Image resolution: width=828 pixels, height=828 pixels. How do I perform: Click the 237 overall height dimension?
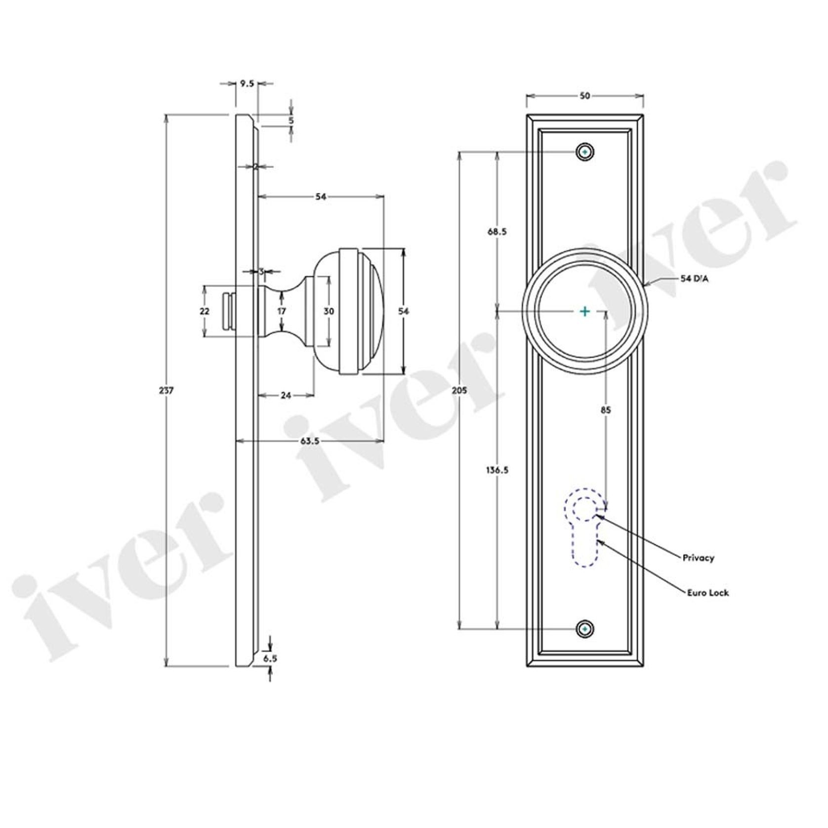point(166,391)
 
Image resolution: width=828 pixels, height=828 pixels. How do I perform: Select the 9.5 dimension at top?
point(247,83)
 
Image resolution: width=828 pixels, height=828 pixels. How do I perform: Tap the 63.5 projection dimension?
point(309,441)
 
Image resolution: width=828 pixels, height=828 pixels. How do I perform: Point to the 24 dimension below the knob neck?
point(286,395)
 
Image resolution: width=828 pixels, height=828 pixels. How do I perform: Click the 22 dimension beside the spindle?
point(205,311)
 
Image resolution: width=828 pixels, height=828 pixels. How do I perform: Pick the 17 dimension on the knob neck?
point(282,311)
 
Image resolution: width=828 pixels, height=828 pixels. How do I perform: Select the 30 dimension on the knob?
point(329,311)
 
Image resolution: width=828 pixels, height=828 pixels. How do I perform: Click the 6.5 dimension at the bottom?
point(270,658)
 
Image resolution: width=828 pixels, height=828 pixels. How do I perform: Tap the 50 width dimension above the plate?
point(584,96)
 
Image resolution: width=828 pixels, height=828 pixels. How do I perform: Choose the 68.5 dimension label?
point(497,231)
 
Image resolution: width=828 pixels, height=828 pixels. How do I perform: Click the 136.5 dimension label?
point(497,470)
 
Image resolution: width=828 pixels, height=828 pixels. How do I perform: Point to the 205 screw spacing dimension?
point(459,391)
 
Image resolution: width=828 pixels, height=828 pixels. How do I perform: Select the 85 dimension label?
point(606,410)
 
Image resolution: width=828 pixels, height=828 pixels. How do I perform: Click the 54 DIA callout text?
point(694,279)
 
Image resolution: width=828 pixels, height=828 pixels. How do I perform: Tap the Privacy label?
point(699,558)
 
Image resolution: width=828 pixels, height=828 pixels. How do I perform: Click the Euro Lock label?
point(708,592)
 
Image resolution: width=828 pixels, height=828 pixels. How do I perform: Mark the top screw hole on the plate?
point(585,153)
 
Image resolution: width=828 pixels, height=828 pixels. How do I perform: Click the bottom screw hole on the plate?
point(585,629)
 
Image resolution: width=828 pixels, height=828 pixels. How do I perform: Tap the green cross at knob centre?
point(584,311)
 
